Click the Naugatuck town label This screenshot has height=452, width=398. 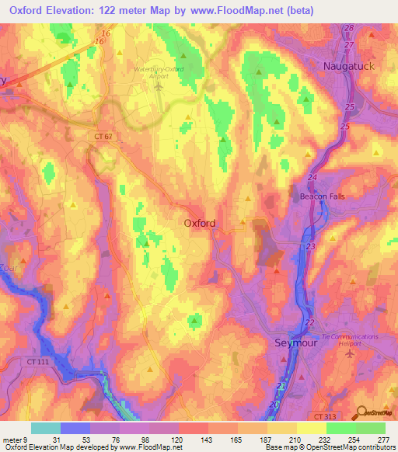tap(349, 67)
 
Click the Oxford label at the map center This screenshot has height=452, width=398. tap(200, 223)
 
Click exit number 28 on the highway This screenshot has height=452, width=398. tap(349, 28)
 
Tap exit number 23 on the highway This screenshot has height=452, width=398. tap(310, 246)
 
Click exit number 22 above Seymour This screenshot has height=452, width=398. tap(309, 322)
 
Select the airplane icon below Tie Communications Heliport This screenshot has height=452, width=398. tap(348, 353)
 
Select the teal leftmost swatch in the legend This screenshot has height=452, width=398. tap(46, 428)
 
